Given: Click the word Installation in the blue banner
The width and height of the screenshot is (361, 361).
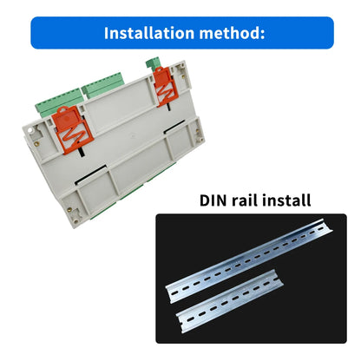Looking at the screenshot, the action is tap(149, 33).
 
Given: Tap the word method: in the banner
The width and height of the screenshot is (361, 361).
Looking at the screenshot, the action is tap(232, 33).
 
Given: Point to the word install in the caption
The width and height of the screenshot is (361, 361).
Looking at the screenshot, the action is tap(288, 200).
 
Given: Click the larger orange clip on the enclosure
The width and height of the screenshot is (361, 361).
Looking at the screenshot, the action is tap(72, 129).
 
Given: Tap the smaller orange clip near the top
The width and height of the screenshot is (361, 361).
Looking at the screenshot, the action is tap(166, 86).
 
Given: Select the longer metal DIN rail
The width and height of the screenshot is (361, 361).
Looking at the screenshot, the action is tap(249, 260).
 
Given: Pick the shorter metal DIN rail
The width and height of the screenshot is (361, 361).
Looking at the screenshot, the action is tap(230, 301).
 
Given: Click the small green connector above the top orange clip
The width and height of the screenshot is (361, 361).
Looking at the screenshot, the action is tap(154, 62).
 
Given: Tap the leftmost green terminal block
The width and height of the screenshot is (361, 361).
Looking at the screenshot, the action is tap(59, 103).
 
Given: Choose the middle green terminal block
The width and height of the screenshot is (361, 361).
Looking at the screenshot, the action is tap(103, 86).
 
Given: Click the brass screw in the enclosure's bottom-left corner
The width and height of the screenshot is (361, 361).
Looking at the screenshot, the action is tap(69, 210).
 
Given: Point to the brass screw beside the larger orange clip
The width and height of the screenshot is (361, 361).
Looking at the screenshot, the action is tap(36, 143).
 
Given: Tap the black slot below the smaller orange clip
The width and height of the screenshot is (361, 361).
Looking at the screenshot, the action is tap(168, 106).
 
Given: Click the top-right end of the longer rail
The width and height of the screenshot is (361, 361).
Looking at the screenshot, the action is tap(327, 224).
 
